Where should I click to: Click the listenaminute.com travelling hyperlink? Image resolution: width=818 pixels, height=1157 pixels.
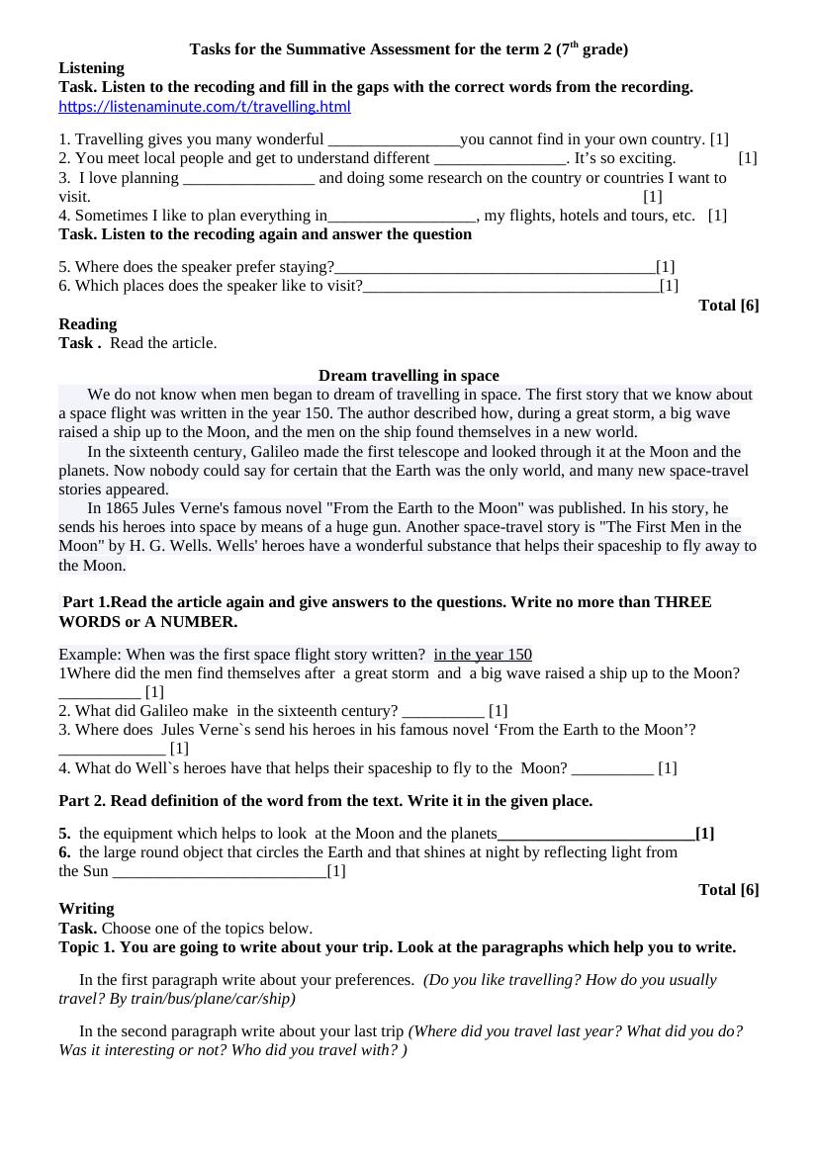point(205,107)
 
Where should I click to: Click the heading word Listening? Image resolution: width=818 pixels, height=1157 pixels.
point(91,68)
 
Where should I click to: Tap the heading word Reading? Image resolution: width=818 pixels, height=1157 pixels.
point(87,324)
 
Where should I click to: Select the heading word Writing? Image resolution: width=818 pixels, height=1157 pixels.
point(86,909)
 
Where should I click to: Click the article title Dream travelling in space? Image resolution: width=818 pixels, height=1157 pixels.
point(409,376)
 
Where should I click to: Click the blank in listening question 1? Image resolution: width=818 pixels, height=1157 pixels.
point(394,140)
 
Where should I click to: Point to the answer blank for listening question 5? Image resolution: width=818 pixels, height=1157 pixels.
point(495,268)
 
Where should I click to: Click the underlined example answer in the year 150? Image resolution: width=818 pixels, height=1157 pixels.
point(483,655)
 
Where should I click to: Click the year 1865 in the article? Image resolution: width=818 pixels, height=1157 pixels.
point(124,508)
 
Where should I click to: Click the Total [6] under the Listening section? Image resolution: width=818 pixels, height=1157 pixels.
point(728,306)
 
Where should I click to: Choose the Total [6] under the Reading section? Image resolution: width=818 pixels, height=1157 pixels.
point(728,890)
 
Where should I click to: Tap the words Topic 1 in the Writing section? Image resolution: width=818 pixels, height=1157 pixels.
point(86,947)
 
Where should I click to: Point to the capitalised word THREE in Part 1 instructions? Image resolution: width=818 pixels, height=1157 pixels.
point(682,602)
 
